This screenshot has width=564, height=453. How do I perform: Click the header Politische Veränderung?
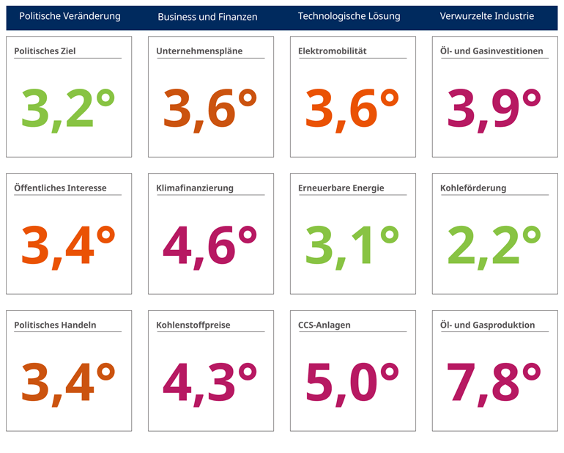coord(70,16)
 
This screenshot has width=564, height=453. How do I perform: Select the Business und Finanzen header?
coord(207,17)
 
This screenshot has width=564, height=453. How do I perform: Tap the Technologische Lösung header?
coord(349,16)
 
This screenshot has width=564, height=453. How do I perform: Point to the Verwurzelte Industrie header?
coord(486,16)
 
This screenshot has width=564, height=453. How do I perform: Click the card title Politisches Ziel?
coord(45,51)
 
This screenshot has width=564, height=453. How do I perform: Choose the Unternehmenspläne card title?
coord(199,51)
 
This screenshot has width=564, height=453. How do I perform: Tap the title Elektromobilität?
coord(333,51)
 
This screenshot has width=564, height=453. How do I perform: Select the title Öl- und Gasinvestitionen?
coord(491,51)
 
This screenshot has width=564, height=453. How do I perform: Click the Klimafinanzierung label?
coord(195,188)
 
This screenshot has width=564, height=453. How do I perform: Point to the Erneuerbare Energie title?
coord(341,188)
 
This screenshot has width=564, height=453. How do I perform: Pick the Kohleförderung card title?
coord(473,188)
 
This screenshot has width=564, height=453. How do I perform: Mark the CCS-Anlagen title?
coord(324,325)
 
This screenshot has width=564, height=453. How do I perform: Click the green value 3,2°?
coord(68,108)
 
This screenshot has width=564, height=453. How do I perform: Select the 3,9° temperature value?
coord(494,108)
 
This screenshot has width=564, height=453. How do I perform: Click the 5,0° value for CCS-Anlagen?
coord(352,382)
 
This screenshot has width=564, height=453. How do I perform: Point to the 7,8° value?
coord(494,382)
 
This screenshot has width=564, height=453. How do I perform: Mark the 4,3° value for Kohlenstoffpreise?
coord(209,382)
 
